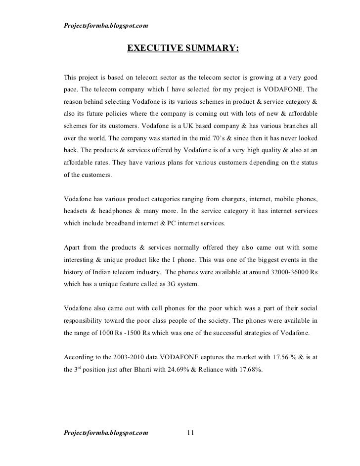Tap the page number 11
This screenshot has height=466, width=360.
[x=191, y=433]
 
